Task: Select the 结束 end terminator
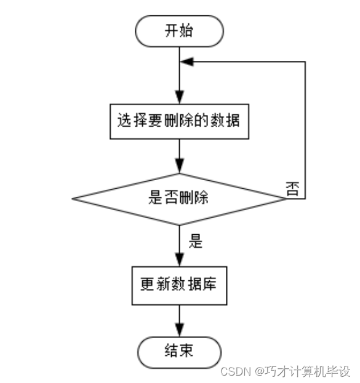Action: (x=178, y=351)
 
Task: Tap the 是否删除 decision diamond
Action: (x=178, y=199)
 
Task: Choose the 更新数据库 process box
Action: (x=178, y=285)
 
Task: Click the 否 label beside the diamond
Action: (x=293, y=189)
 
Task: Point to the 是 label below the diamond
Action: (x=195, y=241)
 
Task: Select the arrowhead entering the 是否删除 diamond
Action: (x=178, y=167)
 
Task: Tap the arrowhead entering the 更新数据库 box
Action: (x=178, y=259)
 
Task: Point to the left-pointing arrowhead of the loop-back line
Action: (x=186, y=62)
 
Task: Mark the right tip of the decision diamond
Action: (x=284, y=199)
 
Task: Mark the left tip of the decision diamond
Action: (x=73, y=199)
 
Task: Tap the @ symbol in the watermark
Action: (x=259, y=371)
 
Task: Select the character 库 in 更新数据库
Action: (x=209, y=285)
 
